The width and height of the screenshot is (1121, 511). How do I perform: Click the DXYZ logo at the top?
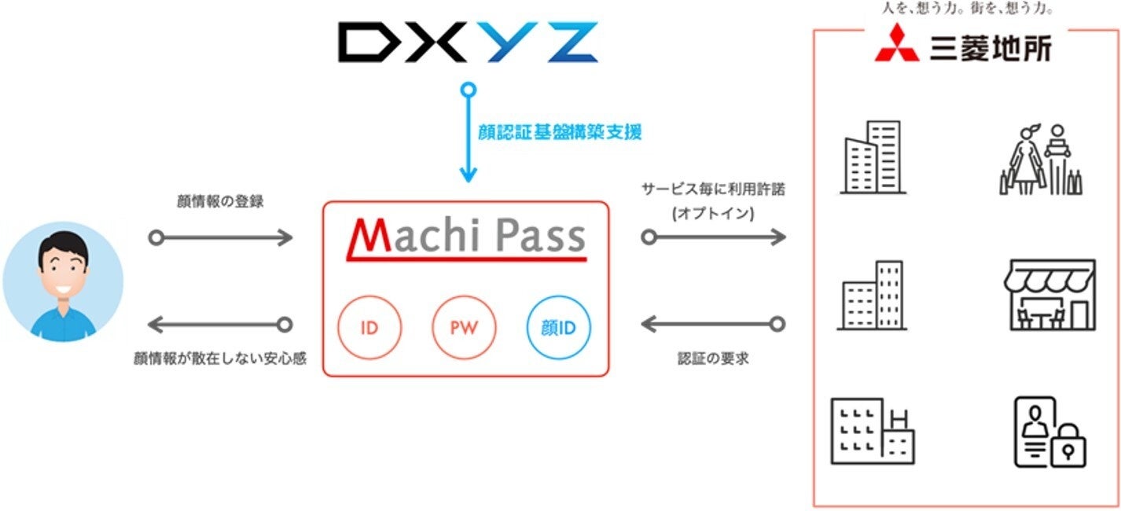pyautogui.click(x=468, y=43)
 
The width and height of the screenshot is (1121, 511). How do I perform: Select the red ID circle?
pyautogui.click(x=369, y=328)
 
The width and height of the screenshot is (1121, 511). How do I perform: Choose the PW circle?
pyautogui.click(x=464, y=328)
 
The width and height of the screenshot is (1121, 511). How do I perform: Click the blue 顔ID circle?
pyautogui.click(x=558, y=328)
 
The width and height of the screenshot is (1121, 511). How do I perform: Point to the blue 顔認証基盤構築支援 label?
pyautogui.click(x=560, y=132)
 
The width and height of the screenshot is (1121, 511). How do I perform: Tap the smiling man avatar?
pyautogui.click(x=63, y=281)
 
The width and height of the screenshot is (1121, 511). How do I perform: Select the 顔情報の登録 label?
pyautogui.click(x=220, y=201)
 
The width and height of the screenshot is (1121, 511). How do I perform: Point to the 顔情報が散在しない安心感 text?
pyautogui.click(x=220, y=358)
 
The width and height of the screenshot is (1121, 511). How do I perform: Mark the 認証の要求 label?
pyautogui.click(x=714, y=358)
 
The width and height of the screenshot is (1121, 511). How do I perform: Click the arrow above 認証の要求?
pyautogui.click(x=713, y=324)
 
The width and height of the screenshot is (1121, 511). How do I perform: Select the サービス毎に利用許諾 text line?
pyautogui.click(x=713, y=189)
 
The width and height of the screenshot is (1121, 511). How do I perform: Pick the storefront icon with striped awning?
pyautogui.click(x=1049, y=294)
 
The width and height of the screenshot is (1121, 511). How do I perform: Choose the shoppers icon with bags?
pyautogui.click(x=1041, y=160)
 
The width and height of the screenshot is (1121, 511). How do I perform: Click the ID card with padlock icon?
pyautogui.click(x=1049, y=432)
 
